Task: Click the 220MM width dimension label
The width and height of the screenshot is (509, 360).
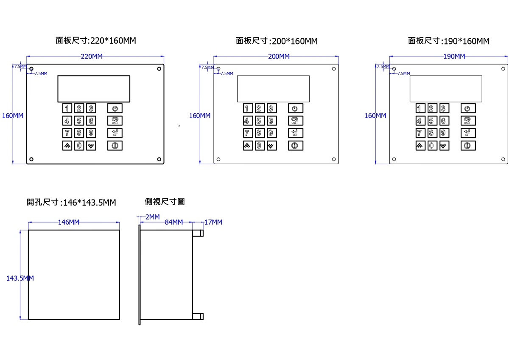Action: (92, 56)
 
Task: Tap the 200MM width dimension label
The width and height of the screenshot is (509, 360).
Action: (279, 56)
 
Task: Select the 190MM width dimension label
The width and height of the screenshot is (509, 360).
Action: (454, 56)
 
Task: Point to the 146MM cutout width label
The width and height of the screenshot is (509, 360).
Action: (69, 222)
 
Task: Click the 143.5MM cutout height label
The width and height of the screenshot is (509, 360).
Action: (20, 278)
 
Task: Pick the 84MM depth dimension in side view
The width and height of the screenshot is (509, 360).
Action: (174, 222)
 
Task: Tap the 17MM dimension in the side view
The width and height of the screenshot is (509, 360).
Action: (213, 222)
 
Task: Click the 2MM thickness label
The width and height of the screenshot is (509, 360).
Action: (152, 217)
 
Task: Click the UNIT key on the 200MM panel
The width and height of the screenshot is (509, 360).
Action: (296, 121)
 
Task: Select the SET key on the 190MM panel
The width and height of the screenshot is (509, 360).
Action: (468, 133)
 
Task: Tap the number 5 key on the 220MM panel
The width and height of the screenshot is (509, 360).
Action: (79, 121)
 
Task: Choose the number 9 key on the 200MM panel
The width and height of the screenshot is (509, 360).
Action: (271, 133)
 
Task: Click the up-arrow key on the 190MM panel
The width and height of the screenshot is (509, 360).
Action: (420, 146)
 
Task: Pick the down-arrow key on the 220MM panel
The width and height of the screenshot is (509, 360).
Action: (91, 146)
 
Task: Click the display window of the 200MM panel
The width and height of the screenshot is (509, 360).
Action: (273, 89)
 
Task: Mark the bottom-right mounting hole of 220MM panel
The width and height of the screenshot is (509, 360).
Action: (159, 160)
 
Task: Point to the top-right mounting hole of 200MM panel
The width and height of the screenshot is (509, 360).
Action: (334, 69)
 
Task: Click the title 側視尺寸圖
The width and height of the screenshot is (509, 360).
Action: (165, 202)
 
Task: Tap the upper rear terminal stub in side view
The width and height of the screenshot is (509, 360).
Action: (198, 233)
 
